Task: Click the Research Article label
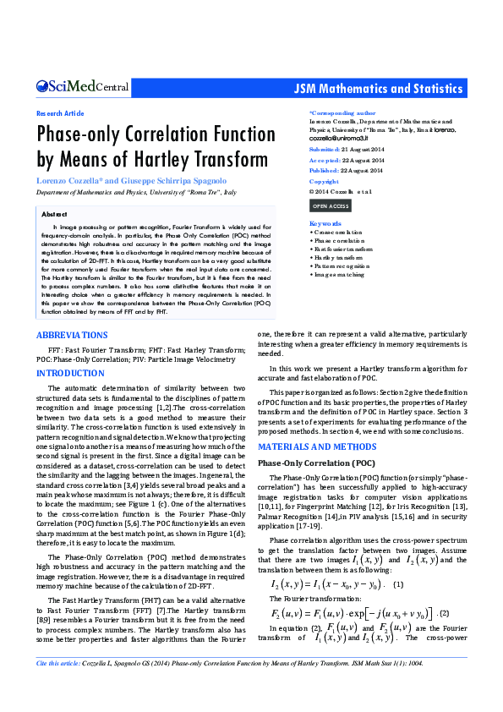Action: click(x=59, y=113)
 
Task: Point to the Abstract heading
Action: click(x=54, y=215)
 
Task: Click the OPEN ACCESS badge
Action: click(x=330, y=205)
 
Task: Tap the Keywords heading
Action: click(x=325, y=222)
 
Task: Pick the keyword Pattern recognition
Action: click(x=340, y=266)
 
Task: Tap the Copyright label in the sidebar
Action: click(x=324, y=181)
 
